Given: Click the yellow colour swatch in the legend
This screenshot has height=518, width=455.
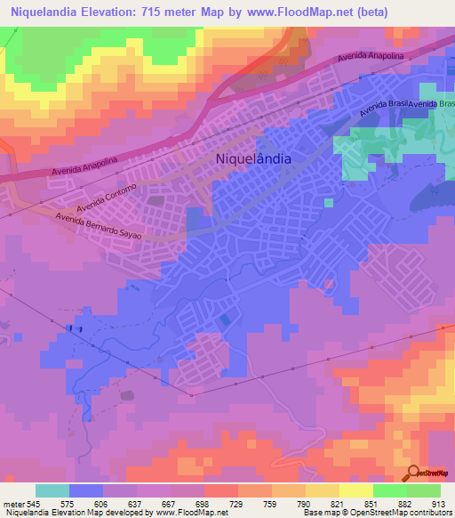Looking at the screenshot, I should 355,490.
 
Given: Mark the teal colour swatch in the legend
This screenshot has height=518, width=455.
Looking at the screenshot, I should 52,490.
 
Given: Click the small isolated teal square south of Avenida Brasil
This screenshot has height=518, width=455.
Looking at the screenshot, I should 329,203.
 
